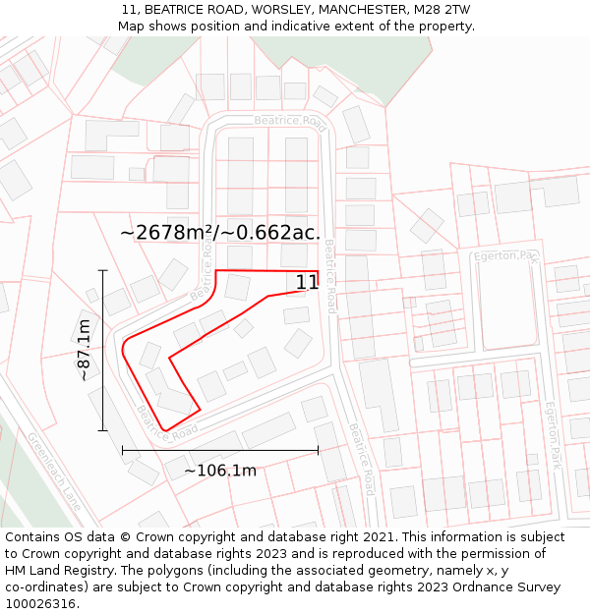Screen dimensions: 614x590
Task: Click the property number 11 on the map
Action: tap(307, 283)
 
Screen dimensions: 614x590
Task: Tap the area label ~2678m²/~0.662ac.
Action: tap(220, 233)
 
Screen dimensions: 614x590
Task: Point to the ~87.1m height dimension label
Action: tap(85, 350)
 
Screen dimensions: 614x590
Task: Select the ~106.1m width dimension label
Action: tap(220, 471)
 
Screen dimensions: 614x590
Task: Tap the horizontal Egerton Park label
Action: tap(506, 256)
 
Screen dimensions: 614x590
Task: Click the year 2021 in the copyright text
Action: tap(378, 537)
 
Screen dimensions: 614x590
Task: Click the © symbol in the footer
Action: tap(125, 537)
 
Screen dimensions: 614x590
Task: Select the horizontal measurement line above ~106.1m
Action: tap(220, 451)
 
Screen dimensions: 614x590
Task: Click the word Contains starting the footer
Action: tap(34, 537)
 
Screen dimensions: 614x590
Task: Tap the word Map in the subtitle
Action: tap(131, 26)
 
